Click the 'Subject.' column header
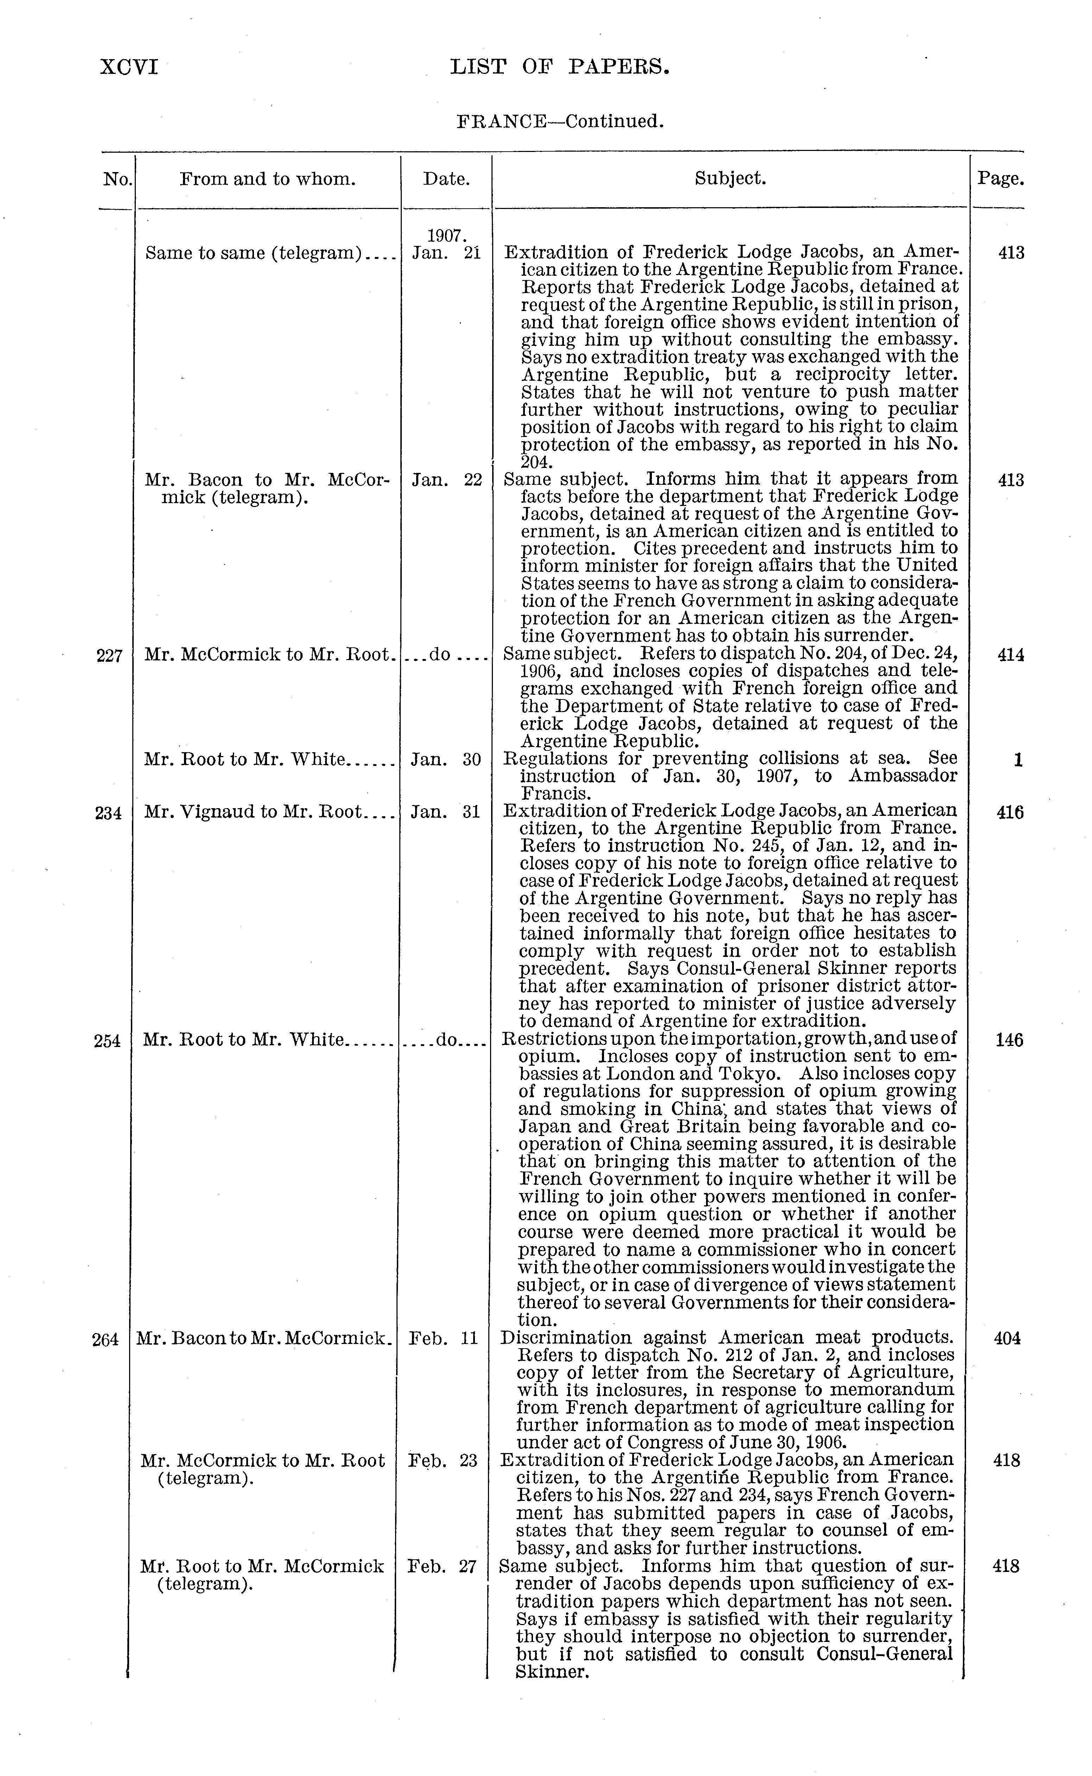pyautogui.click(x=730, y=178)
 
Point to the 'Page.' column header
pyautogui.click(x=1000, y=178)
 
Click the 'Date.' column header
pyautogui.click(x=446, y=178)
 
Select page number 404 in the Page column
pyautogui.click(x=1008, y=1338)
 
